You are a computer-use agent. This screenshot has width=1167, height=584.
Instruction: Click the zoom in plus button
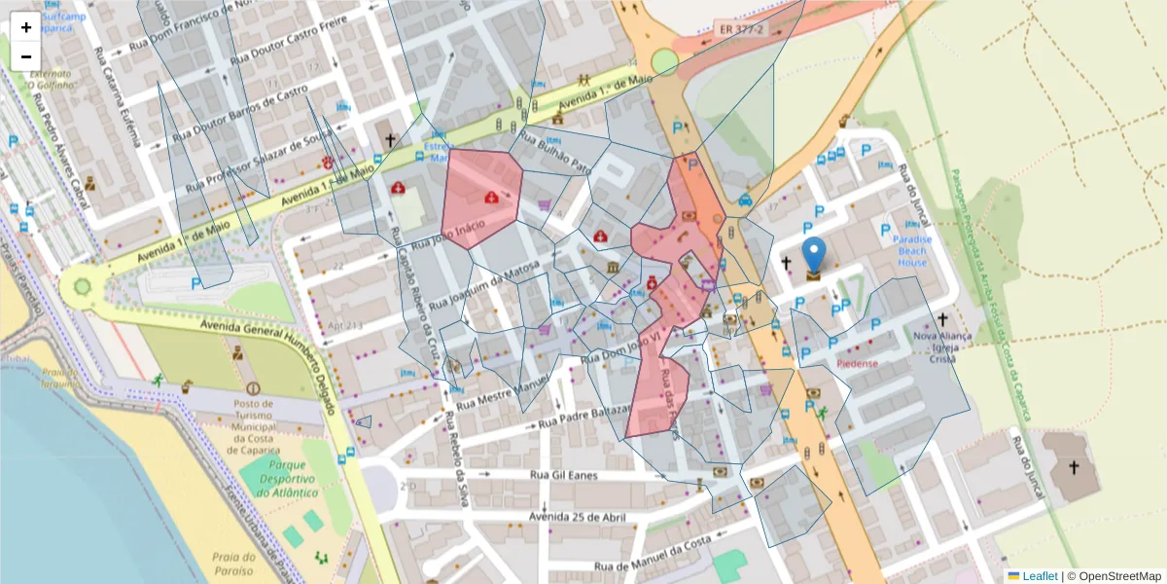pyautogui.click(x=26, y=27)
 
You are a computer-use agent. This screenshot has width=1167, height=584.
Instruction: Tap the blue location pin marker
pyautogui.click(x=813, y=255)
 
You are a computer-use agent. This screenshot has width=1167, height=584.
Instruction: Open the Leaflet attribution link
pyautogui.click(x=1040, y=576)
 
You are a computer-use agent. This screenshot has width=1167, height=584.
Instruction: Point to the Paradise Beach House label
pyautogui.click(x=912, y=251)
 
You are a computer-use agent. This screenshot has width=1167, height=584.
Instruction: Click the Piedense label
pyautogui.click(x=857, y=364)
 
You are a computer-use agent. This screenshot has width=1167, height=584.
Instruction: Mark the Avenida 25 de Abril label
pyautogui.click(x=577, y=516)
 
